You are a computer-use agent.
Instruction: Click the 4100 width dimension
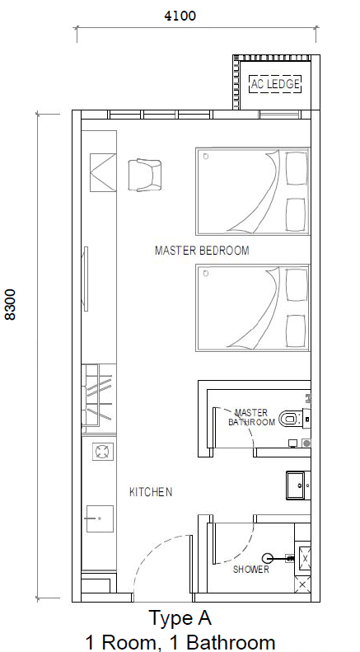point(180,16)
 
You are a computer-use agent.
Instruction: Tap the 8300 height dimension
point(11,304)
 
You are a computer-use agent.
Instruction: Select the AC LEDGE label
point(275,84)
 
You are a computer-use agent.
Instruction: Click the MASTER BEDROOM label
point(202,251)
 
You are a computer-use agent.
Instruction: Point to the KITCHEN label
point(151,492)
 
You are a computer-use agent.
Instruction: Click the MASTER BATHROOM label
point(251,417)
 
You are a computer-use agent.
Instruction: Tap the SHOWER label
point(250,570)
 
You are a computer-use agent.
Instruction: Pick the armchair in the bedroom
point(145,176)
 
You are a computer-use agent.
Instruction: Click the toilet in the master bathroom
point(292,418)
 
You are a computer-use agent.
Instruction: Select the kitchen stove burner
point(103,451)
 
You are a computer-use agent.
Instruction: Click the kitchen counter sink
point(100,518)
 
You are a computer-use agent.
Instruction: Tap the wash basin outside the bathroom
point(298,485)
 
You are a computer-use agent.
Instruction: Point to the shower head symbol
point(268,558)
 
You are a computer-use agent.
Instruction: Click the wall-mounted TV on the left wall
point(86,279)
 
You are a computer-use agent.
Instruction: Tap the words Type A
point(180,618)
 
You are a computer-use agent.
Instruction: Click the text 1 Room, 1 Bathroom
point(180,642)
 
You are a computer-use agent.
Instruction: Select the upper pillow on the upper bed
point(297,167)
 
